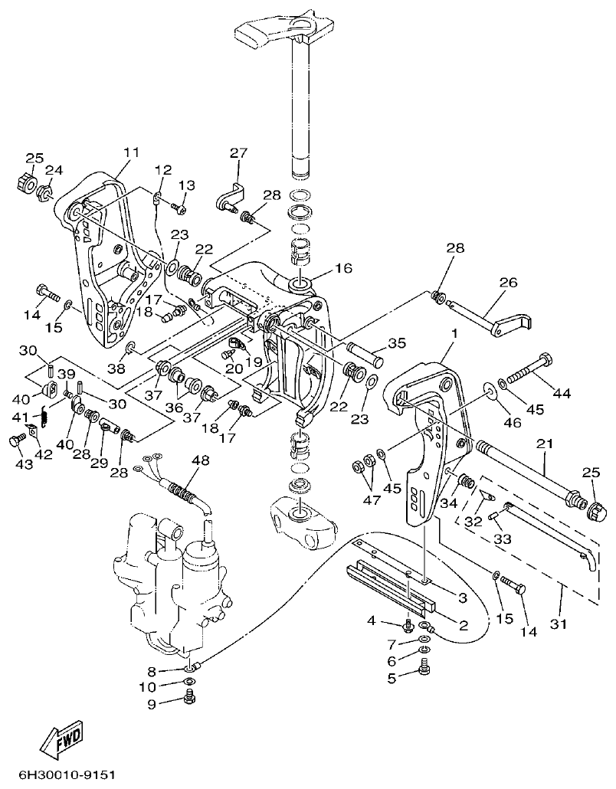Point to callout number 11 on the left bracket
pos(131,152)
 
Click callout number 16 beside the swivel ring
pos(342,269)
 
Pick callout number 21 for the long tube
pos(545,445)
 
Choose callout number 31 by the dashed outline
pos(560,624)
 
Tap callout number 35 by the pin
pos(396,343)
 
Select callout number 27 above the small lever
pos(238,153)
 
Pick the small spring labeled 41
pos(44,417)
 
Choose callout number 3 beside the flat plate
pos(462,596)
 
